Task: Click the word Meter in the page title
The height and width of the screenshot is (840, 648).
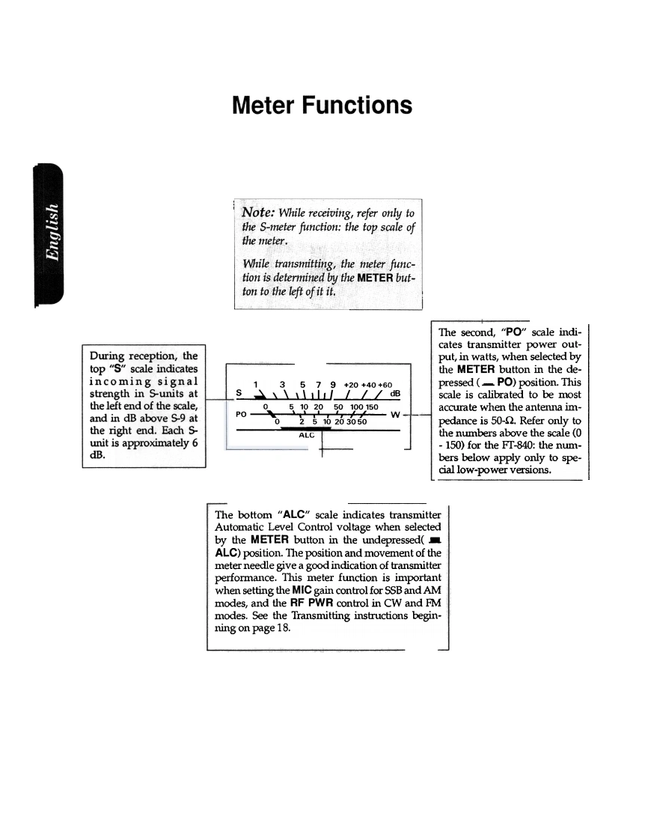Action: [263, 105]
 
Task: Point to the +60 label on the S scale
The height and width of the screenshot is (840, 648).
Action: [384, 383]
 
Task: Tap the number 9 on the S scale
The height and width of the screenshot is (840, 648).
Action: [333, 383]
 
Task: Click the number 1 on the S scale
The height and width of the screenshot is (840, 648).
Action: [257, 383]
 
